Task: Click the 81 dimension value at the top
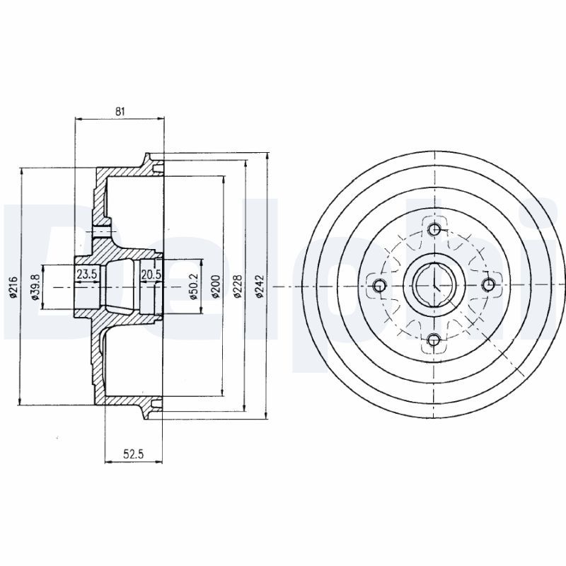tap(120, 111)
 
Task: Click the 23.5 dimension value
tap(86, 275)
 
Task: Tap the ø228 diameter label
tap(238, 286)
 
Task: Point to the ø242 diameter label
tap(260, 286)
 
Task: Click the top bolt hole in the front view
tap(434, 229)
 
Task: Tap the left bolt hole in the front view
tap(379, 285)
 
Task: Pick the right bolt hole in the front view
tap(488, 285)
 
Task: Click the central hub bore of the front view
tap(433, 285)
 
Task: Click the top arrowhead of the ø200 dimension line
tap(223, 177)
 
